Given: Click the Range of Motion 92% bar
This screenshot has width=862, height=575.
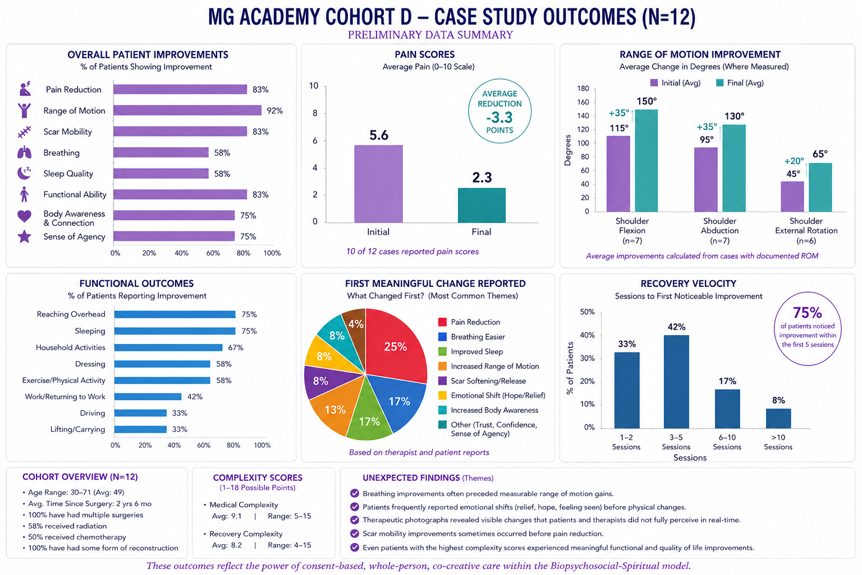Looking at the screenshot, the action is [187, 111].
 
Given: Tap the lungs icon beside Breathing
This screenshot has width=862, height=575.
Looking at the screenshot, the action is [24, 153].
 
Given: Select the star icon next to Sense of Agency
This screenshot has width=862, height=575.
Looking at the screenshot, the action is [24, 236].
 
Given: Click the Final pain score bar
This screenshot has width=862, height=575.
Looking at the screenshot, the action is [482, 206].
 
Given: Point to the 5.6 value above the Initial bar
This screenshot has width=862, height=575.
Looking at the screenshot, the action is [379, 135].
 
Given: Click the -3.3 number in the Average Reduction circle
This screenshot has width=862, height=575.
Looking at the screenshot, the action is [499, 117].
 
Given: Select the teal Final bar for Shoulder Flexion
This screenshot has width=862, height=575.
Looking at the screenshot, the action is [646, 161].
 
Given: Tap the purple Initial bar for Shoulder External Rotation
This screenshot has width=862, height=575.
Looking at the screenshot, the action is [792, 197].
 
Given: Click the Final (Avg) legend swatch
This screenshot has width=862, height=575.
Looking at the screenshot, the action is [719, 83].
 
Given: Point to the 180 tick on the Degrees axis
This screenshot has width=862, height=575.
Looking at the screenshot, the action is [583, 89].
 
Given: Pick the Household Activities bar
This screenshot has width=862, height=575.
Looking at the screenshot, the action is [168, 348].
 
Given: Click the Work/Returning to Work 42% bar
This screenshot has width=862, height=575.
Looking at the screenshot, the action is [148, 396].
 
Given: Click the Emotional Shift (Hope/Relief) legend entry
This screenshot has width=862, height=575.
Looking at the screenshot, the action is [492, 395].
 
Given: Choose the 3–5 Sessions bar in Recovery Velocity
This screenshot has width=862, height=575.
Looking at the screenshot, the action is [676, 382].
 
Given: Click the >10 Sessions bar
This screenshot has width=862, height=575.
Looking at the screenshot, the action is [778, 419].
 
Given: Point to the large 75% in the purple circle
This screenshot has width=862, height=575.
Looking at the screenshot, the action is [808, 313].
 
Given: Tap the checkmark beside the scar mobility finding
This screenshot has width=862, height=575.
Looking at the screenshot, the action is [355, 533].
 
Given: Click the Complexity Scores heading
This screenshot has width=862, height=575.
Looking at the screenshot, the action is [258, 477].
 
